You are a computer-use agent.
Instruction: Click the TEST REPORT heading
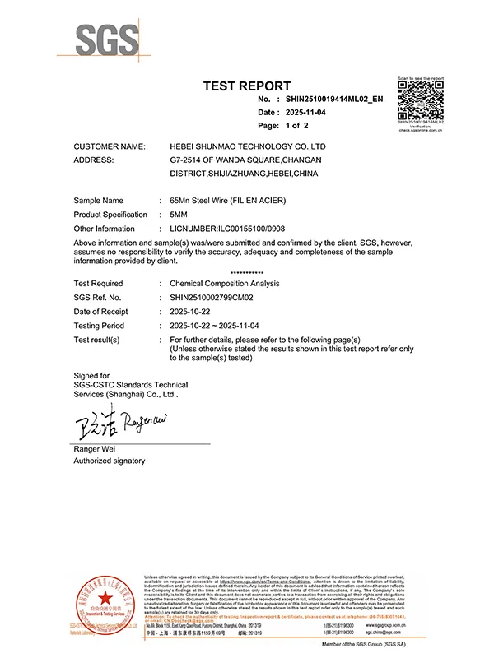pyautogui.click(x=247, y=86)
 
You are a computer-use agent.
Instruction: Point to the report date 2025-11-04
pyautogui.click(x=304, y=112)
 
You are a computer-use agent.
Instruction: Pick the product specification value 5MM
pyautogui.click(x=179, y=214)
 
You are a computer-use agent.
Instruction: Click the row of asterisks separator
pyautogui.click(x=247, y=271)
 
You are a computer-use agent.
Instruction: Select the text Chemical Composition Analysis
pyautogui.click(x=224, y=283)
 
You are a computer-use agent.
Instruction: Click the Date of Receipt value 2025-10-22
pyautogui.click(x=190, y=311)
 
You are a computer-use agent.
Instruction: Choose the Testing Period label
pyautogui.click(x=100, y=325)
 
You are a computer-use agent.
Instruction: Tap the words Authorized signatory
pyautogui.click(x=110, y=461)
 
